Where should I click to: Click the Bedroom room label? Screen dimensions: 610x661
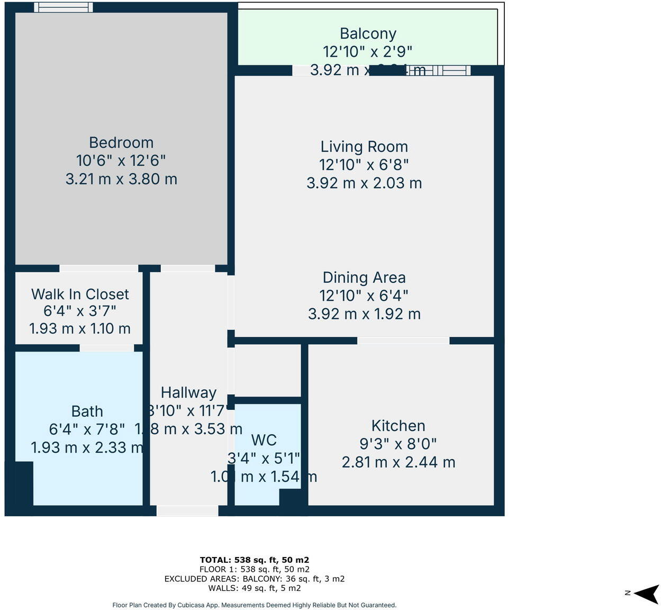pyautogui.click(x=121, y=142)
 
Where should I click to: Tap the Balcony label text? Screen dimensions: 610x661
pyautogui.click(x=368, y=33)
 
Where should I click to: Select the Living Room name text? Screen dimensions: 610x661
pyautogui.click(x=364, y=147)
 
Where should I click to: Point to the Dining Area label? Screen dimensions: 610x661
pyautogui.click(x=364, y=277)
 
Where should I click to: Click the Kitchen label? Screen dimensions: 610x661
pyautogui.click(x=398, y=426)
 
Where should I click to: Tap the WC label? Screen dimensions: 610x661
pyautogui.click(x=264, y=440)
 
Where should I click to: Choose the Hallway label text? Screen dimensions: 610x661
pyautogui.click(x=188, y=392)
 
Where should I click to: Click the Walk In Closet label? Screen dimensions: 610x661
pyautogui.click(x=80, y=294)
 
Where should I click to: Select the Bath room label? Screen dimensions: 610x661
pyautogui.click(x=87, y=411)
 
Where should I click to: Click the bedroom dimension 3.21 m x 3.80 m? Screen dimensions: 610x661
pyautogui.click(x=121, y=179)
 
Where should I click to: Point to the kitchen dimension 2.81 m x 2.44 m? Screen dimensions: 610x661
pyautogui.click(x=398, y=462)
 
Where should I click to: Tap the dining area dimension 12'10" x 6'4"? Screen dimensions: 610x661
pyautogui.click(x=364, y=295)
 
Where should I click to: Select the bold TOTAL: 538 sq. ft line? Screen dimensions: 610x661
pyautogui.click(x=254, y=560)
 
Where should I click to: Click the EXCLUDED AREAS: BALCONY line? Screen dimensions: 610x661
pyautogui.click(x=254, y=579)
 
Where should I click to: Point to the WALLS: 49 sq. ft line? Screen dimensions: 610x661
pyautogui.click(x=254, y=588)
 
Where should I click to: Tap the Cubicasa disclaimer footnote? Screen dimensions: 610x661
pyautogui.click(x=254, y=605)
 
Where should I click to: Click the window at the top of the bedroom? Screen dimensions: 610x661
pyautogui.click(x=64, y=7)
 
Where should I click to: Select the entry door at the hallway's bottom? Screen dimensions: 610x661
pyautogui.click(x=187, y=510)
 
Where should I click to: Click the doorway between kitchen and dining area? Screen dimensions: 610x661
pyautogui.click(x=403, y=340)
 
